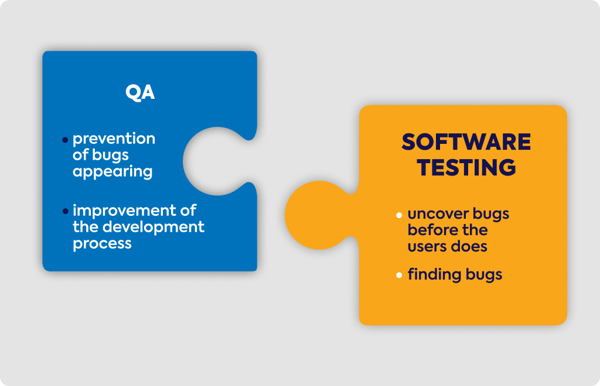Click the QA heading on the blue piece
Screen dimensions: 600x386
click(x=140, y=92)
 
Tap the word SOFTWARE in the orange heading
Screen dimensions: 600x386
click(x=466, y=142)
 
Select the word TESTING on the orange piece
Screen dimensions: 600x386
click(x=466, y=167)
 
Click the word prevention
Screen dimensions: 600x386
click(x=114, y=139)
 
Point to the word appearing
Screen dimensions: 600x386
click(x=112, y=172)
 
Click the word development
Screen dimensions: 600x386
click(x=154, y=227)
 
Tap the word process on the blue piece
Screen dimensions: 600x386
click(x=102, y=244)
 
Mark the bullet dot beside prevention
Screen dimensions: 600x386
click(x=65, y=140)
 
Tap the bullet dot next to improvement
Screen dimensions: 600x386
click(x=65, y=211)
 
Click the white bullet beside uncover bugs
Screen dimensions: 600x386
click(x=399, y=215)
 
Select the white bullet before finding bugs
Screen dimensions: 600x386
click(x=399, y=275)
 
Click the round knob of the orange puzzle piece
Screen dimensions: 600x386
click(x=318, y=215)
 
